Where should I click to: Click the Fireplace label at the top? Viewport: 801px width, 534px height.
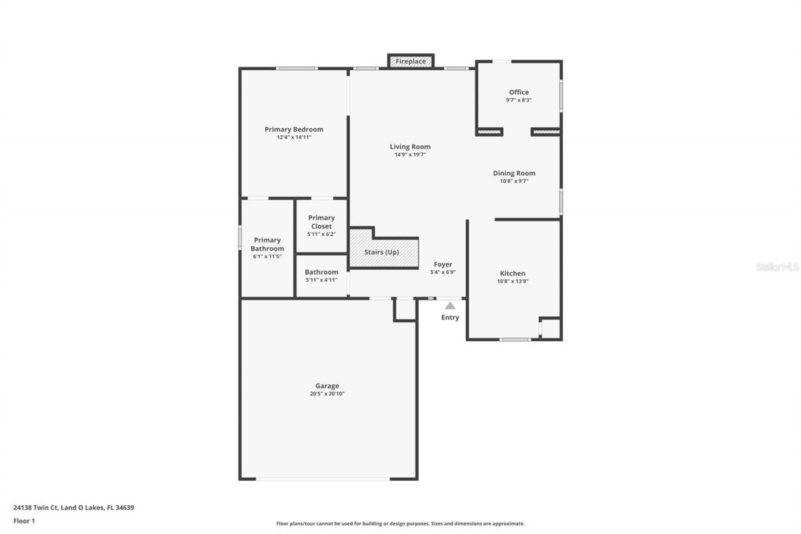(411, 61)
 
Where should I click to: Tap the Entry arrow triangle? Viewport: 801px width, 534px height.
(450, 306)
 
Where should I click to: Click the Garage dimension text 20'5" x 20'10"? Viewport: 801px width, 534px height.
(327, 394)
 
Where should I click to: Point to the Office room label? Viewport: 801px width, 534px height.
(519, 92)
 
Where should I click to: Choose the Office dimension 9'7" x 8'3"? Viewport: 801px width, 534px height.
(519, 100)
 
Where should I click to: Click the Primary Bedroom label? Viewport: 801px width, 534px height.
(294, 129)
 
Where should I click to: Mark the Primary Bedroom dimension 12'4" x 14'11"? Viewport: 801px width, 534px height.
(294, 137)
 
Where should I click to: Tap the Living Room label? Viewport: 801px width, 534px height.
(410, 146)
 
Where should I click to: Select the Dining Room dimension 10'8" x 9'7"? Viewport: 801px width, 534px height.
(514, 182)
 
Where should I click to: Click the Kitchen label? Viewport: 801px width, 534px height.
(513, 273)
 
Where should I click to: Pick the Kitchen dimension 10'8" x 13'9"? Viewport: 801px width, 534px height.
(513, 281)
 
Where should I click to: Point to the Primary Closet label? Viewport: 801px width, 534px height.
(321, 222)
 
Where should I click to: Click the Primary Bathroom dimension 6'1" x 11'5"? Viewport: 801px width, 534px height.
(267, 257)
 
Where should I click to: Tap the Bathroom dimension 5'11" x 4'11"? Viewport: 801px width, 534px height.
(321, 280)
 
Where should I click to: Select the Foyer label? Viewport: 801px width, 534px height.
(443, 264)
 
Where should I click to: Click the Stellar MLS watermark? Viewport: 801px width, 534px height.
(777, 267)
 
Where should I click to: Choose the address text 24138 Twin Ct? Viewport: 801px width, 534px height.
(36, 508)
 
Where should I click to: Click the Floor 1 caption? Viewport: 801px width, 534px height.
(24, 521)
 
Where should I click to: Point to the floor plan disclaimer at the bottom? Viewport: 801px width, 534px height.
(400, 523)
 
